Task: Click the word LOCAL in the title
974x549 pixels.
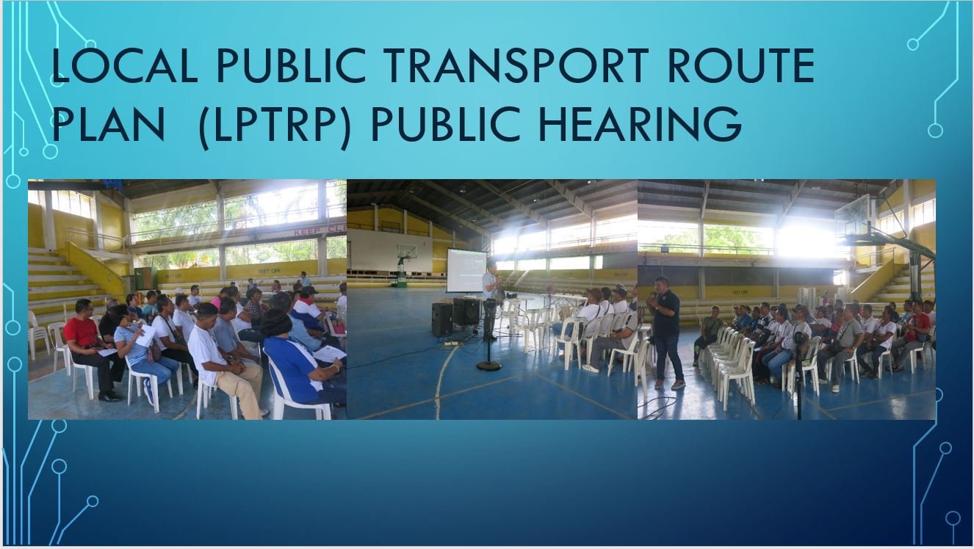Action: (x=125, y=65)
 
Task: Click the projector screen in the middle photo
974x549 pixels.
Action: (x=466, y=271)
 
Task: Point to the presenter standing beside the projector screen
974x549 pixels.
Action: (x=491, y=299)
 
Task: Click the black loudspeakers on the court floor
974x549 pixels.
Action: (x=455, y=316)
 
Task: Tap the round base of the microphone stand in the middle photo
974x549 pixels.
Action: (x=488, y=366)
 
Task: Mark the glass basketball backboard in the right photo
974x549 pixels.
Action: (x=852, y=217)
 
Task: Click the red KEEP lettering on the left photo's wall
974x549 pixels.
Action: (x=309, y=231)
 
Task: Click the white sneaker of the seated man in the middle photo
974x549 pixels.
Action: (x=590, y=368)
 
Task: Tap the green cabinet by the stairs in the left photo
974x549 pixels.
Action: (x=143, y=279)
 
